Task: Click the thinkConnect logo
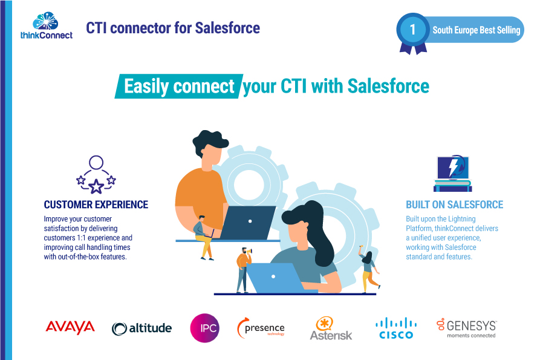coord(47,25)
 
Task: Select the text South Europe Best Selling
coord(476,30)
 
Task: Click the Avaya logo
coord(70,327)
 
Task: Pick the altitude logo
coord(142,328)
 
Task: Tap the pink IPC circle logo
coord(204,327)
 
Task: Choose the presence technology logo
coord(261,328)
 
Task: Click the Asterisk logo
coord(331,328)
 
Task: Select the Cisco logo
coord(396,327)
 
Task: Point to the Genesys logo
coord(466,327)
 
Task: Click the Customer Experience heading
coord(96,205)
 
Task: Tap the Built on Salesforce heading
coord(454,205)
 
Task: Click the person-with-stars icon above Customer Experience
coord(96,174)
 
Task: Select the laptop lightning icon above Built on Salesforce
coord(452,174)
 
